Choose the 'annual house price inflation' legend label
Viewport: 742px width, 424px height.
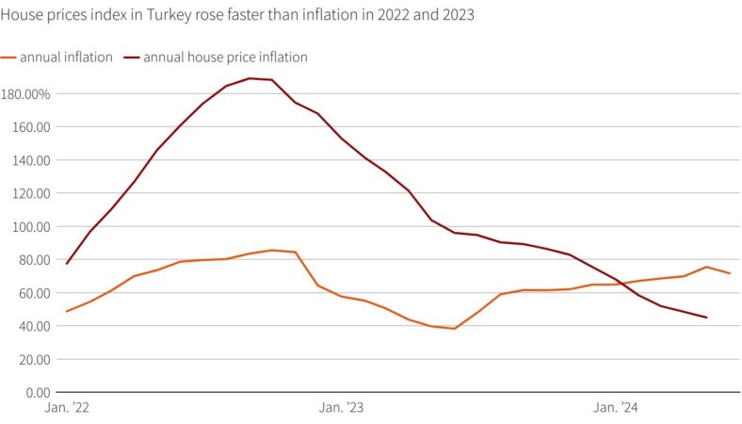pyautogui.click(x=225, y=57)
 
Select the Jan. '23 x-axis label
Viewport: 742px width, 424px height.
pyautogui.click(x=341, y=409)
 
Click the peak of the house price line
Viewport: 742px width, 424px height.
pyautogui.click(x=250, y=78)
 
